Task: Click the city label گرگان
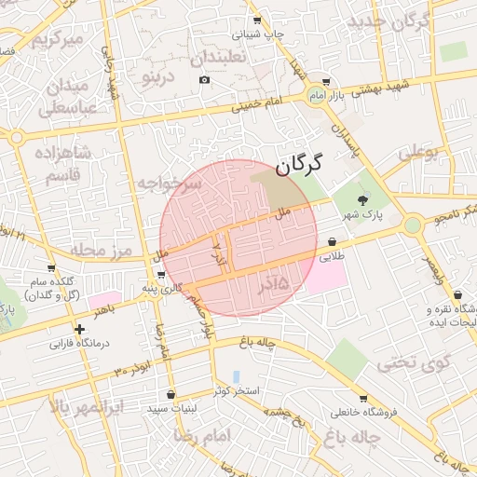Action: point(298,166)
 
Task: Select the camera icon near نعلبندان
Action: point(205,80)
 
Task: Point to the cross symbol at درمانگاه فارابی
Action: point(80,329)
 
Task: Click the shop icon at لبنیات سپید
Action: point(170,394)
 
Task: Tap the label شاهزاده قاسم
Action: point(61,163)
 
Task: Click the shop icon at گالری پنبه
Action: point(163,275)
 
